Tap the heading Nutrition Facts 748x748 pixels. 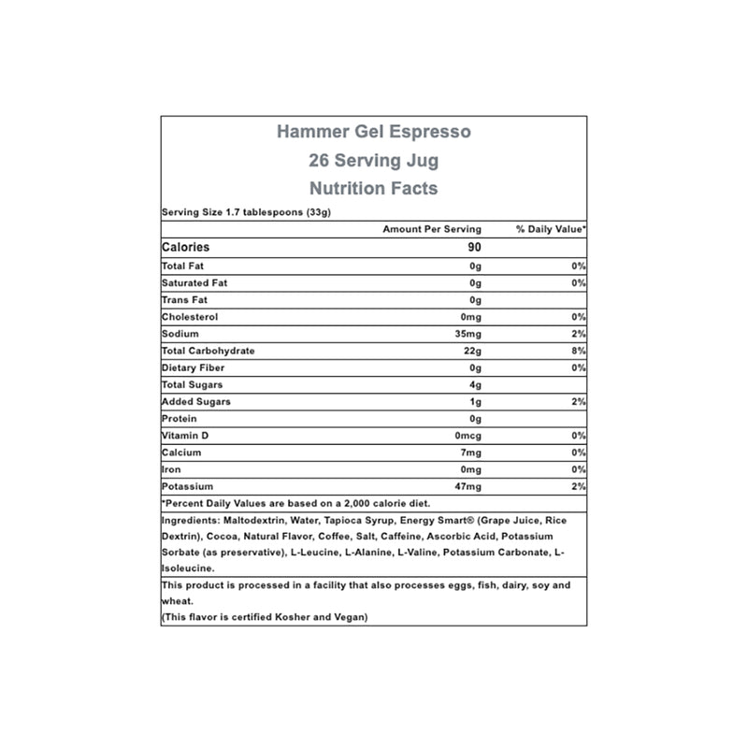pyautogui.click(x=374, y=188)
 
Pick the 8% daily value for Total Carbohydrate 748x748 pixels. pyautogui.click(x=579, y=351)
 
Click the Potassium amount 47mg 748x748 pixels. pyautogui.click(x=467, y=487)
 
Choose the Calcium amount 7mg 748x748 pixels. pyautogui.click(x=469, y=453)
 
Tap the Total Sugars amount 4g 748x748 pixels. pyautogui.click(x=474, y=384)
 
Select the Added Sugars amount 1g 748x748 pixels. pyautogui.click(x=474, y=401)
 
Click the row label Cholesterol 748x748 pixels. pyautogui.click(x=191, y=316)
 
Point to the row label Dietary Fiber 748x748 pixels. pyautogui.click(x=194, y=367)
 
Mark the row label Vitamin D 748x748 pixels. pyautogui.click(x=186, y=436)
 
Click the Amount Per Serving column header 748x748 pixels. pyautogui.click(x=432, y=229)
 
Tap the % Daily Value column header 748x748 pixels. pyautogui.click(x=551, y=229)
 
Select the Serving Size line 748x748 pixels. pyautogui.click(x=248, y=212)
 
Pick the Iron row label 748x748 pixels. pyautogui.click(x=171, y=469)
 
